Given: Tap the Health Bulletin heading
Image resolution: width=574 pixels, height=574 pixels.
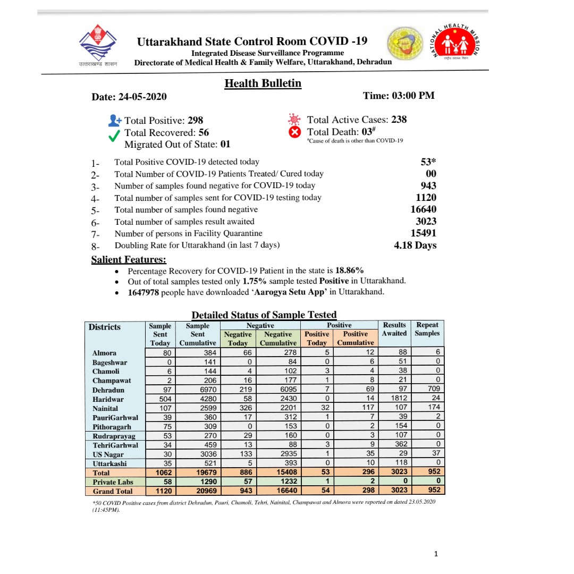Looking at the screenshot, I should (263, 83).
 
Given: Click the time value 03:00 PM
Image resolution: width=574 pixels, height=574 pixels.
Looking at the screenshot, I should (413, 96).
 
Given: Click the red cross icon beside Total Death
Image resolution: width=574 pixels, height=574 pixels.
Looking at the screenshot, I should (295, 132).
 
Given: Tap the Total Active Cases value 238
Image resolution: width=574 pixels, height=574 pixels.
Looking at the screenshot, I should (399, 120).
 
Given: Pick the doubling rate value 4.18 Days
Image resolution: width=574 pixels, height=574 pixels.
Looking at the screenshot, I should (415, 245).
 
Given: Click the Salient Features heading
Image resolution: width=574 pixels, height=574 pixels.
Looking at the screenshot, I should (129, 259).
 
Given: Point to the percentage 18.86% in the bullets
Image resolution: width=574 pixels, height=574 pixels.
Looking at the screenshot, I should (350, 270).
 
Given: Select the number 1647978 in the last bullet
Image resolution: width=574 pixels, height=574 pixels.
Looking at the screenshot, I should (143, 292).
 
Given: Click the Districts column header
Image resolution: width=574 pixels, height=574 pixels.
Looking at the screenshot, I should (105, 327).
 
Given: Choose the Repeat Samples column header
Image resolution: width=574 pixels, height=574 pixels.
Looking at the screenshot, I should (427, 329).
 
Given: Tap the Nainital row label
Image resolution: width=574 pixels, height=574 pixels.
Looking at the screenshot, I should (105, 408).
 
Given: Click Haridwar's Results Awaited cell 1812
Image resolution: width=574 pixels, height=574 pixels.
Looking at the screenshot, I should (394, 399).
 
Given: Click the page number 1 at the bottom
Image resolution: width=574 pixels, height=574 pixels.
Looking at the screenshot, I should (436, 554).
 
